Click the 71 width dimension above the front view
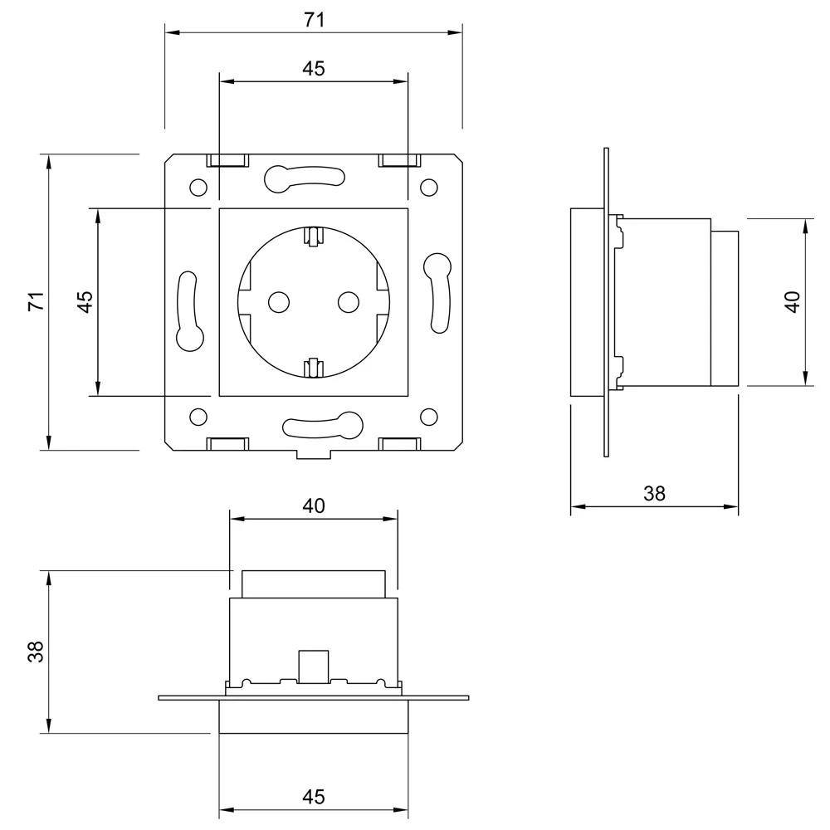(313, 21)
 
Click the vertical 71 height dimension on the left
(36, 301)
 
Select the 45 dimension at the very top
(313, 69)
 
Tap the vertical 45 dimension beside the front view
(85, 301)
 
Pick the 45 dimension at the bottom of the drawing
(313, 797)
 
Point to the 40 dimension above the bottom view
(314, 505)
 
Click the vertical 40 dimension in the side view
(792, 301)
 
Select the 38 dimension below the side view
(654, 494)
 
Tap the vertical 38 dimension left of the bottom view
(36, 652)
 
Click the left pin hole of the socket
(278, 301)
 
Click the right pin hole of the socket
(348, 301)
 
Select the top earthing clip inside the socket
(313, 237)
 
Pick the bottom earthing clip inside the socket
(313, 367)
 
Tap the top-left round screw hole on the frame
(198, 187)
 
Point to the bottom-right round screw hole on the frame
(428, 416)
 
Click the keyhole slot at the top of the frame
(303, 176)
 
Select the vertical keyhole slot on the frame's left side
(189, 311)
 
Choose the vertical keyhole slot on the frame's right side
(437, 290)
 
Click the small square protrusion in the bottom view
(313, 665)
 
